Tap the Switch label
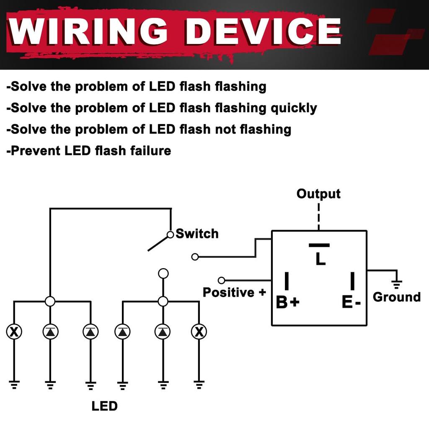coord(197,233)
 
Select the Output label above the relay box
coord(318,194)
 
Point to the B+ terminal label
coord(287,302)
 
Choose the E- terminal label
coord(351,302)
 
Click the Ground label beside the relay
coord(396,297)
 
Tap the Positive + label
coord(234,292)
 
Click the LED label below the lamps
coord(104,406)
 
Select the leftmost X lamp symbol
coord(14,332)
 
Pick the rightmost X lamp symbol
coord(199,332)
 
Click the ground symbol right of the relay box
coord(397,284)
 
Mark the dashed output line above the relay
coord(319,216)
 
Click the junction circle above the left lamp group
coord(50,301)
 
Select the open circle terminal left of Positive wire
coord(222,280)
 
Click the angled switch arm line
coord(158,243)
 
